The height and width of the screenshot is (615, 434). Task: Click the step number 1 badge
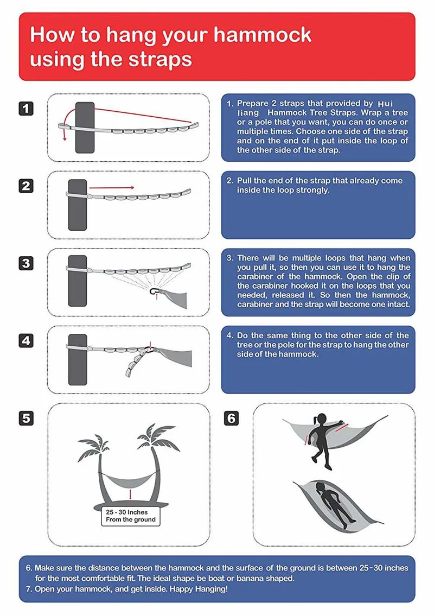[x=26, y=108]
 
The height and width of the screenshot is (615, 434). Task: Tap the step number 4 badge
[x=26, y=341]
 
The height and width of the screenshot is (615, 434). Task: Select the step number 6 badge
[x=232, y=418]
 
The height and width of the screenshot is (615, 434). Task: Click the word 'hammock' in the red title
[x=262, y=35]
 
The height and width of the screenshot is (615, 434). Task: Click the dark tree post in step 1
[x=85, y=127]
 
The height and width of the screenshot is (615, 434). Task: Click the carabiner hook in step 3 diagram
[x=154, y=294]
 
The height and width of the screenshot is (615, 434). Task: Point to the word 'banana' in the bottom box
[x=249, y=578]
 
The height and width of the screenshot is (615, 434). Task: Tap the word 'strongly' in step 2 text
[x=312, y=190]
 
